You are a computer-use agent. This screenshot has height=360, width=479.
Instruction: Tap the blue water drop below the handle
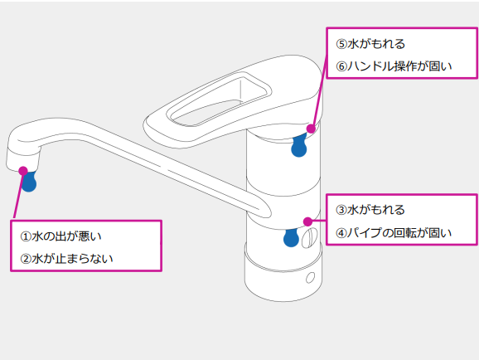pos(299,146)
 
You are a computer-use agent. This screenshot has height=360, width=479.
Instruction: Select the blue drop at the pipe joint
pos(291,237)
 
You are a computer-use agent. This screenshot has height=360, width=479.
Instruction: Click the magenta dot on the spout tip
pos(23,171)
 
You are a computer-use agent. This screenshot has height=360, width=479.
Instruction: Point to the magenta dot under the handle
pos(311,129)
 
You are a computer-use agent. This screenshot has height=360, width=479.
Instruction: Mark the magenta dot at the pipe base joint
pos(307,221)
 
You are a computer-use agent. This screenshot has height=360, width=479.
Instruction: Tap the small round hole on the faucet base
pos(312,276)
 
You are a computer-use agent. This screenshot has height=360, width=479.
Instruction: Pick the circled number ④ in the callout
pos(341,233)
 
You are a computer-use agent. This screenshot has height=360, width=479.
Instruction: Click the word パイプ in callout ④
pos(361,233)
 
